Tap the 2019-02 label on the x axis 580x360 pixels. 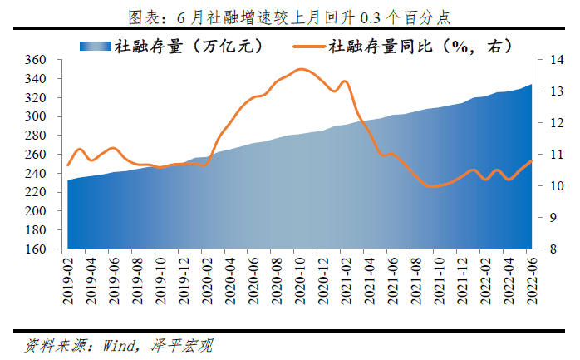coord(69,279)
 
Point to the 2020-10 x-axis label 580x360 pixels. coord(300,279)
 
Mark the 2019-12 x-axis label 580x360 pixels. coord(184,279)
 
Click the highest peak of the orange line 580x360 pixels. coord(301,69)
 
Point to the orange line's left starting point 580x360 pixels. coord(68,165)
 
